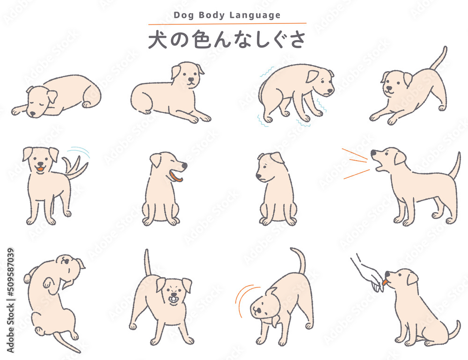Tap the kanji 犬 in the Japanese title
(x=158, y=39)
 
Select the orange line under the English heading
(x=227, y=23)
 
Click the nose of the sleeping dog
(x=32, y=114)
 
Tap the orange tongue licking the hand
(x=385, y=282)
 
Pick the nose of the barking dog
(x=373, y=153)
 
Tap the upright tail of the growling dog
(x=147, y=263)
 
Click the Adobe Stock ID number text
(x=10, y=273)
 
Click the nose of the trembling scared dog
(x=330, y=91)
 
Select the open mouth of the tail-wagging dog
(x=41, y=169)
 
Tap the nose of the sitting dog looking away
(x=258, y=176)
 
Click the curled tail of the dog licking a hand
(x=453, y=331)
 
